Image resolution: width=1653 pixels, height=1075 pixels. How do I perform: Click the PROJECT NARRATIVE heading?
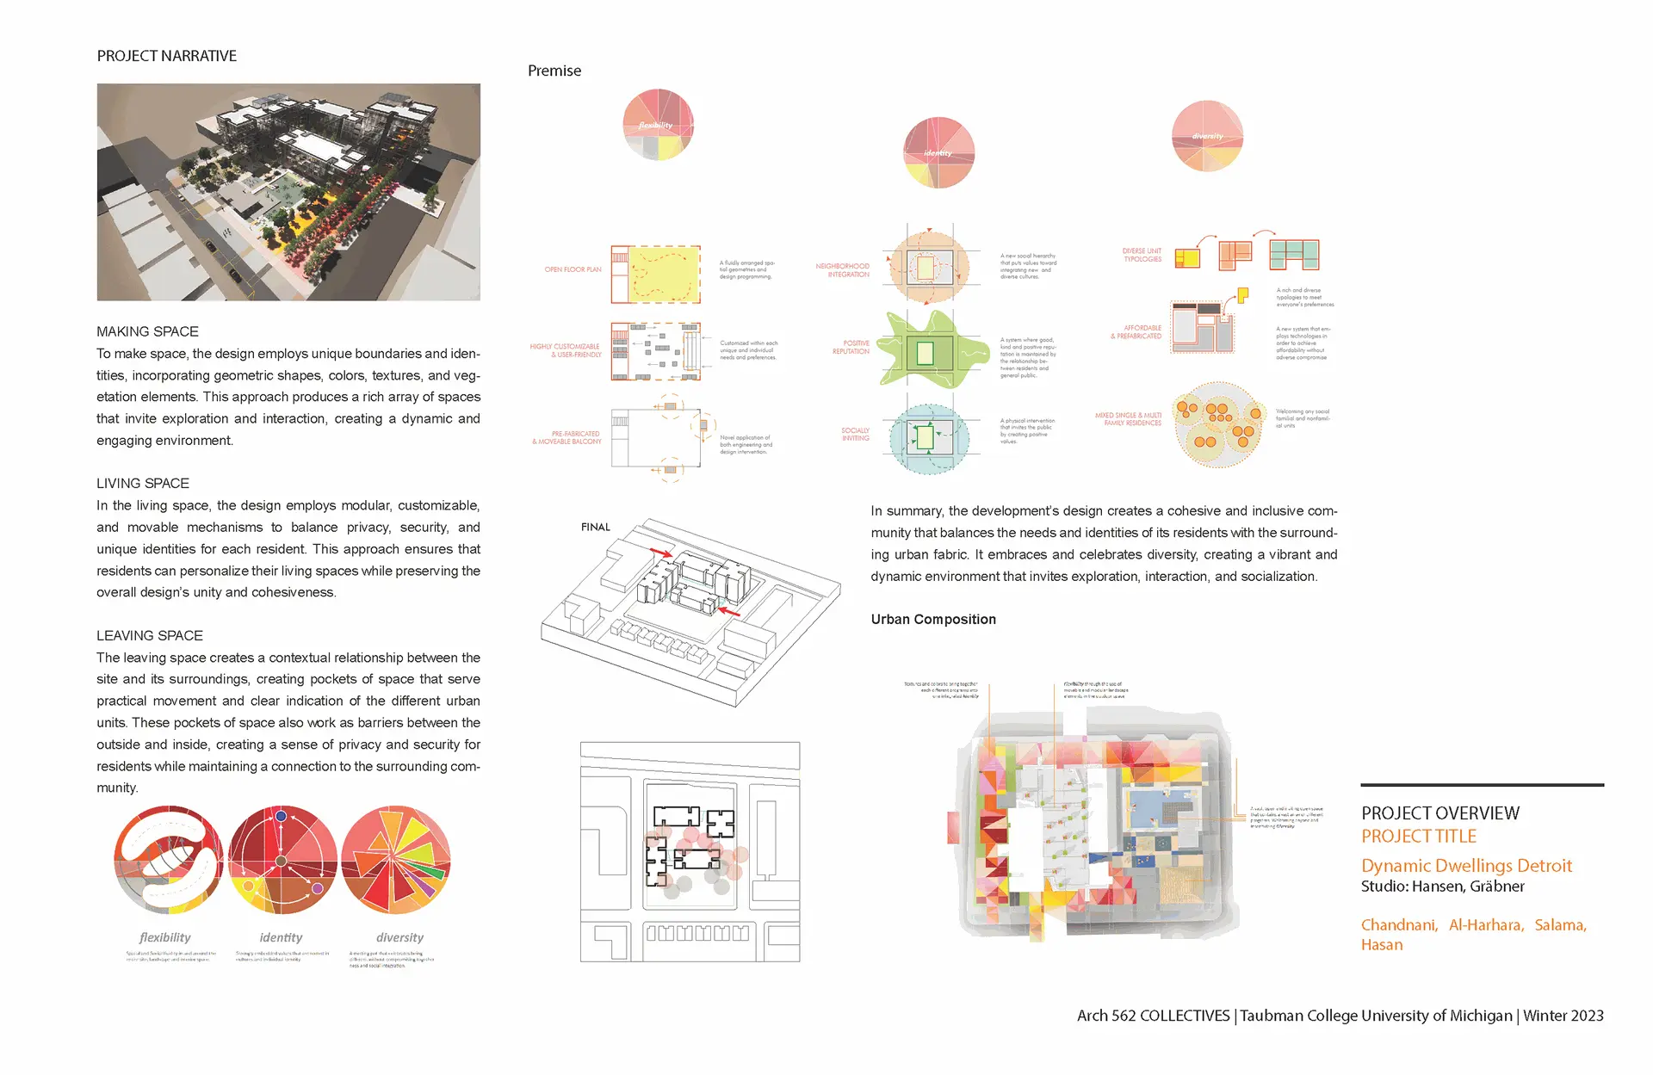166,56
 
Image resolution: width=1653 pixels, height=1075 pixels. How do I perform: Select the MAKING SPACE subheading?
147,331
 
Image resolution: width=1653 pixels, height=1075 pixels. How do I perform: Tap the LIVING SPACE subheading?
143,484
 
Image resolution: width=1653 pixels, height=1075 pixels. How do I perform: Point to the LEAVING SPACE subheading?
150,636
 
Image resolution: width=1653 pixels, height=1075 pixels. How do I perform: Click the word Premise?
554,71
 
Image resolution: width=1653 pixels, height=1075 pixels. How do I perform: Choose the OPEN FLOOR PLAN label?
573,269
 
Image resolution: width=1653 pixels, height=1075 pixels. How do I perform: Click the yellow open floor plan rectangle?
664,274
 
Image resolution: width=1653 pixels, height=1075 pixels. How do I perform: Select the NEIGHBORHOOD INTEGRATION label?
842,270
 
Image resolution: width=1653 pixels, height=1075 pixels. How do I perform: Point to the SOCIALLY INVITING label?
855,434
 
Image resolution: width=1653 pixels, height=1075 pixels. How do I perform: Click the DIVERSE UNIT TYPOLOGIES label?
1142,255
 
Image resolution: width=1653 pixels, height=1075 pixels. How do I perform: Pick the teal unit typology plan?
1294,255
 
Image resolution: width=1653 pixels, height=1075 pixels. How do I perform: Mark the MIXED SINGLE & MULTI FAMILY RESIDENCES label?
1128,419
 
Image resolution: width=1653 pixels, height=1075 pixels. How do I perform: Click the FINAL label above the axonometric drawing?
595,527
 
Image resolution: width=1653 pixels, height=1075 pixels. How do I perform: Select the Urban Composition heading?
933,620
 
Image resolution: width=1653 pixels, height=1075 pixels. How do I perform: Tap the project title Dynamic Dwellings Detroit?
1466,866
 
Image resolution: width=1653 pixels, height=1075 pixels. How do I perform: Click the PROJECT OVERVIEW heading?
1440,813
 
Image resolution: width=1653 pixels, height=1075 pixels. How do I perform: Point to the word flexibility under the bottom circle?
164,937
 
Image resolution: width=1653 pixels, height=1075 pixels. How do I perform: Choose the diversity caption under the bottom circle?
399,937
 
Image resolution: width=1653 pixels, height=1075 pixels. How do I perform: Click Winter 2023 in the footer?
1563,1016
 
